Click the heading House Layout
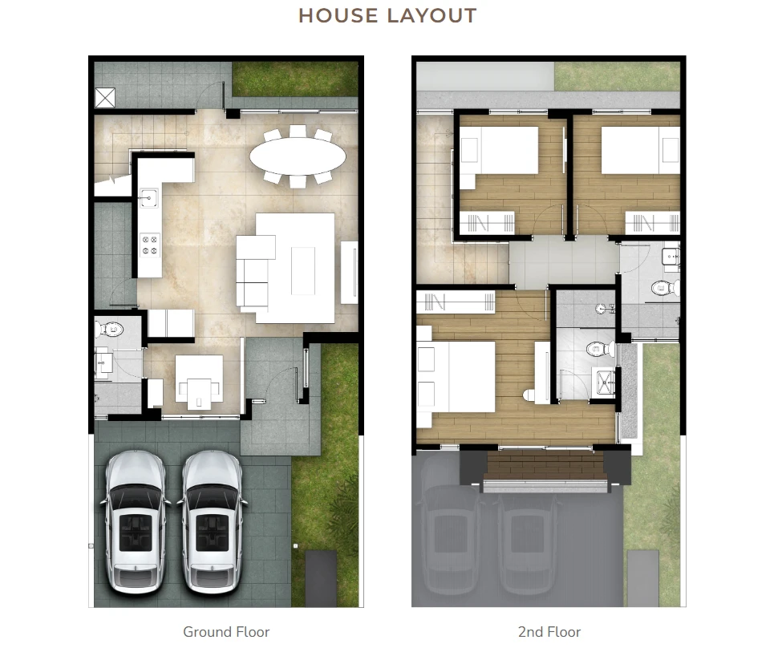387,15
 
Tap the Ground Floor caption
226,631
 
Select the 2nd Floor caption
549,631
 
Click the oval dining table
298,156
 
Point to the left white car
136,521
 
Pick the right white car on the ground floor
212,521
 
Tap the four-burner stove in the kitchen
150,245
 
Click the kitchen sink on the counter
148,197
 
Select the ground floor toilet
110,330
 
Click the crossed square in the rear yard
105,98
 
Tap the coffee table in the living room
302,271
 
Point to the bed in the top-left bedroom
499,150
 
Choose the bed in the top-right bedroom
640,150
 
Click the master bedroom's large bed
456,377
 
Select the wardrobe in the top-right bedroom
652,222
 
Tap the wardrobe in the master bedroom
456,302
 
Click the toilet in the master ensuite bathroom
600,348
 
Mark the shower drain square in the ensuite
604,383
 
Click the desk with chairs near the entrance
199,383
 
